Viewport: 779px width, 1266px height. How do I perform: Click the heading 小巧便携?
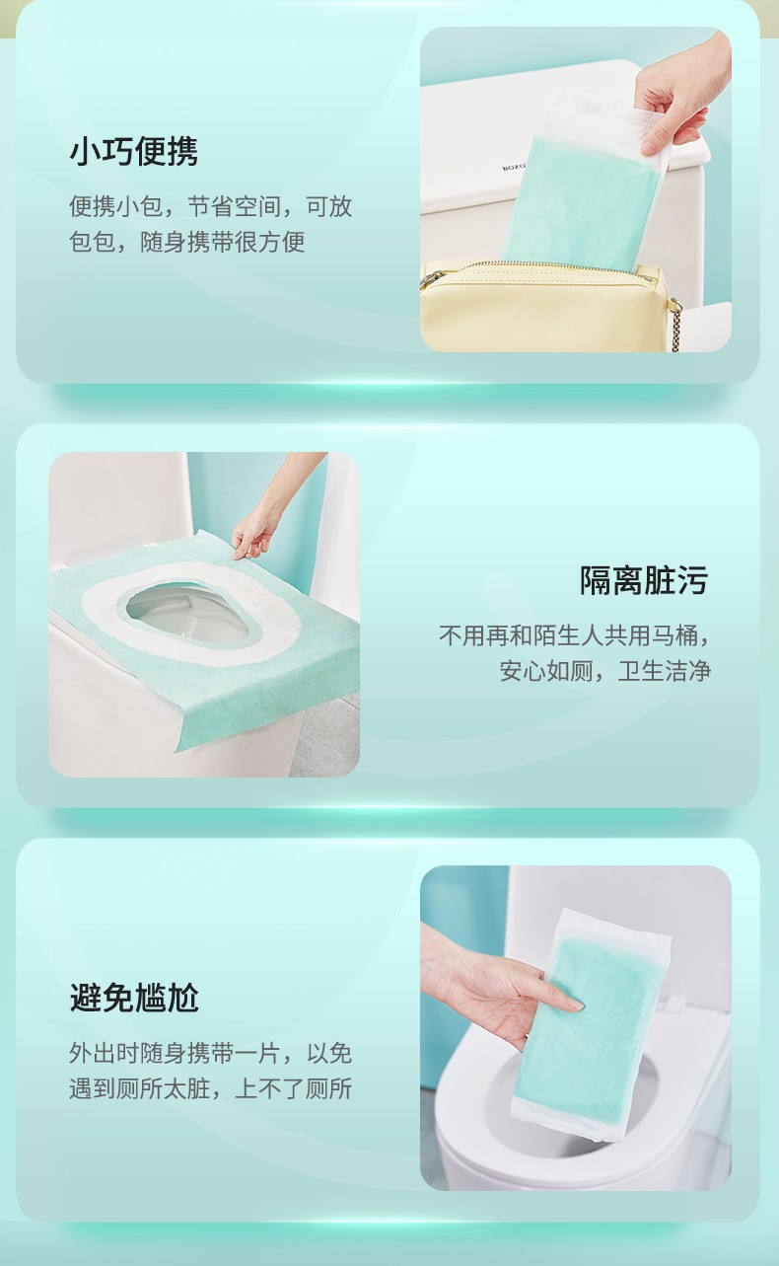134,152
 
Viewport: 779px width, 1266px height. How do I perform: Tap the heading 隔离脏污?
644,580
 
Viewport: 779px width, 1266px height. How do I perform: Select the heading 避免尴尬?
134,998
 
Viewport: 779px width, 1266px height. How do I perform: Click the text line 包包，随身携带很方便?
187,242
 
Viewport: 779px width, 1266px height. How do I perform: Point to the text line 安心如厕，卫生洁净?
605,671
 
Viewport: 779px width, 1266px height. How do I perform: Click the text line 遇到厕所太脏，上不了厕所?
211,1088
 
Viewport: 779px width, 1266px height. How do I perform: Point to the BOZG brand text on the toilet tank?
513,167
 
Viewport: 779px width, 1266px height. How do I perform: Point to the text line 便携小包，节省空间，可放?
211,206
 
